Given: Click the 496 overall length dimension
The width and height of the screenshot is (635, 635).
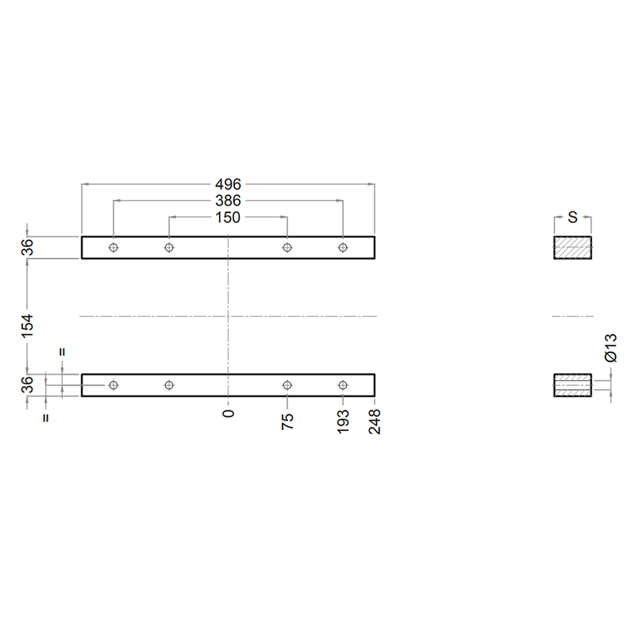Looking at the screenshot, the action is [228, 184].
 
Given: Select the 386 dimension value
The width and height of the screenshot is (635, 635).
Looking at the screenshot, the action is [228, 201].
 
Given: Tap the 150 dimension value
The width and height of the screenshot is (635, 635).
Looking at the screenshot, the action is [228, 217].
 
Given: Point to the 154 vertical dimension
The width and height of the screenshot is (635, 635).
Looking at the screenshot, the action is [27, 325].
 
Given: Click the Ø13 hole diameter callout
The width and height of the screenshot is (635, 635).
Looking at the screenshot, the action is [610, 348].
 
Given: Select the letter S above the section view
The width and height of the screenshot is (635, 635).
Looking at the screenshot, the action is [572, 217].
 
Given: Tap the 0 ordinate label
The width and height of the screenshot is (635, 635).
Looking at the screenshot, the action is [229, 413].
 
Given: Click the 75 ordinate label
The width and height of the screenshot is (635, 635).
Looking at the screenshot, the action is [287, 421].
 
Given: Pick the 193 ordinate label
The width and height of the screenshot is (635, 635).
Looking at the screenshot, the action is [343, 421].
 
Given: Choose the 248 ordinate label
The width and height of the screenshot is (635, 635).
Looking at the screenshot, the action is [375, 421].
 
